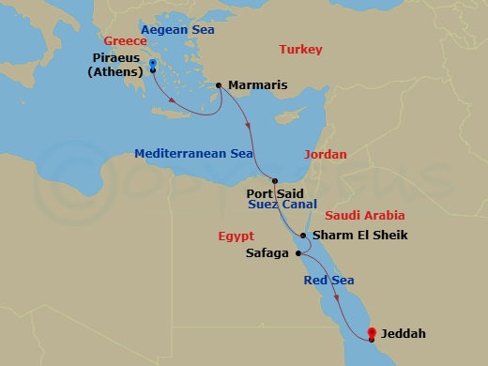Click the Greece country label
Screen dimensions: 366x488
(x=126, y=41)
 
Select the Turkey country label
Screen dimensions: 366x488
(x=299, y=50)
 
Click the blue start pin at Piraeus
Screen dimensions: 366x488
(x=152, y=65)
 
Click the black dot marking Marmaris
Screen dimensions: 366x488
(x=219, y=85)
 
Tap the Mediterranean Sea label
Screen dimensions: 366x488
(x=191, y=153)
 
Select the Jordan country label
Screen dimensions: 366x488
(x=326, y=154)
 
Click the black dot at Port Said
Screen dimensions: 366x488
(x=274, y=181)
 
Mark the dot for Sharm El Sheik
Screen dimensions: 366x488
(x=302, y=236)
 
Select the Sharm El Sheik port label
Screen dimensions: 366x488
(x=359, y=236)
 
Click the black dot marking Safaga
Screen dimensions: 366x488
(x=296, y=252)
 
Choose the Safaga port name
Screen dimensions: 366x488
(x=267, y=253)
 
